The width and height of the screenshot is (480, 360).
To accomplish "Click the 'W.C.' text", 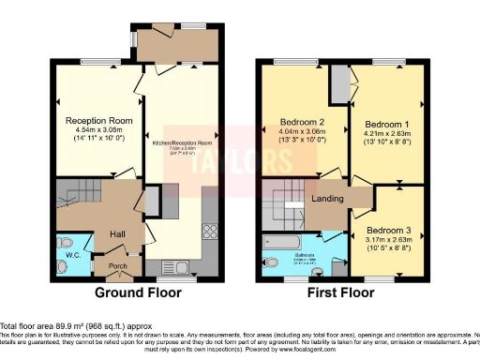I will coord(72,254).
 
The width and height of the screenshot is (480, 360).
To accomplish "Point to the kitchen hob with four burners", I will coord(211,230).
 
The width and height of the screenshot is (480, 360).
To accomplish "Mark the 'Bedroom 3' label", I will coord(387,230).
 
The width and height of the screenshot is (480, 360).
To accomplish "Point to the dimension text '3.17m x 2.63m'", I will coord(387,240).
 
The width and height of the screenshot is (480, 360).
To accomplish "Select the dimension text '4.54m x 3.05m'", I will coord(97,132).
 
